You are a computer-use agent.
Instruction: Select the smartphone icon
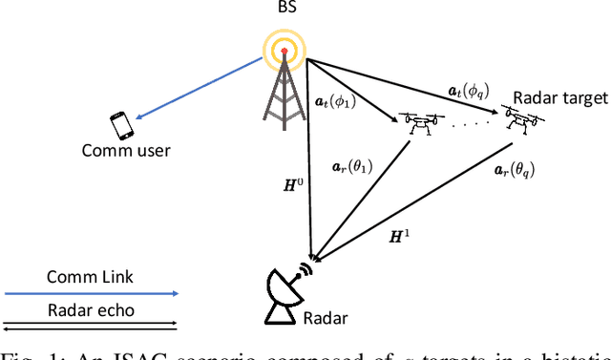(121, 125)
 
